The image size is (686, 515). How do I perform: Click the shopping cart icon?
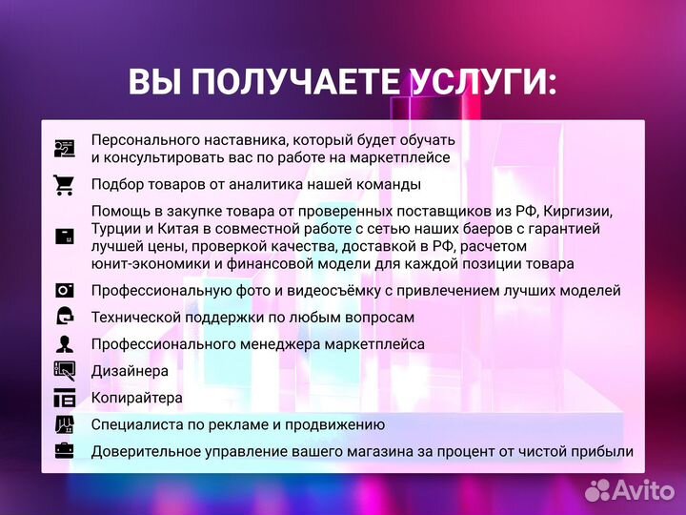64,185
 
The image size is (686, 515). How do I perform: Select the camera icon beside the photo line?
64,291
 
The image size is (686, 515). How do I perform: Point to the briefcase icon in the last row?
64,451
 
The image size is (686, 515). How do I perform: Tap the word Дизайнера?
131,371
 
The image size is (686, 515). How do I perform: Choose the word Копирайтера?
137,398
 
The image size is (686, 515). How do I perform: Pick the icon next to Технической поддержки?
64,318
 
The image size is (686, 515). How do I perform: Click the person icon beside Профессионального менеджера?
64,344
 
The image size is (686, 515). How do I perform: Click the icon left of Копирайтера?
64,398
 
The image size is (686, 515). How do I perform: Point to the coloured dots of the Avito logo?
598,490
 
